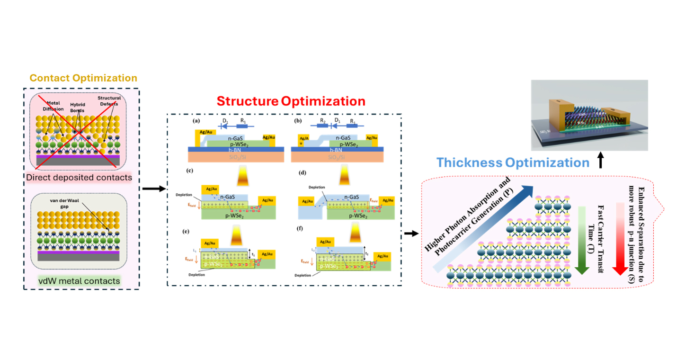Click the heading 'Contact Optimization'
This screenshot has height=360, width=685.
click(83, 78)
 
